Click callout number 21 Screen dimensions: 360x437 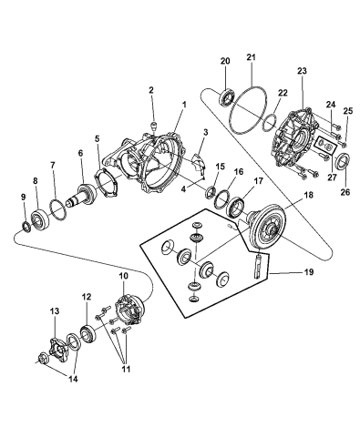(251, 57)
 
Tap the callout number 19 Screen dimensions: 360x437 (308, 272)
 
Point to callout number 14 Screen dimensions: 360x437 (73, 379)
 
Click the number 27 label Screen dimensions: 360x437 (332, 178)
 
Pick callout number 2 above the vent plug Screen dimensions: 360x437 (151, 90)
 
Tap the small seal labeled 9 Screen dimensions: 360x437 (26, 227)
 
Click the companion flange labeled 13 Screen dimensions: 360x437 (57, 350)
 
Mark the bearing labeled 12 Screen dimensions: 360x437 (88, 335)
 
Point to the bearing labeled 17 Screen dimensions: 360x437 (237, 208)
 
